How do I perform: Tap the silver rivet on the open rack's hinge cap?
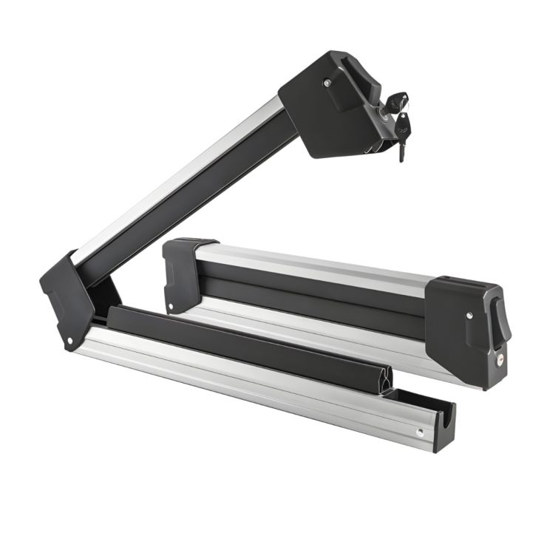pyautogui.click(x=70, y=340)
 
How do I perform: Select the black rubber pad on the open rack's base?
pyautogui.click(x=244, y=341)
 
